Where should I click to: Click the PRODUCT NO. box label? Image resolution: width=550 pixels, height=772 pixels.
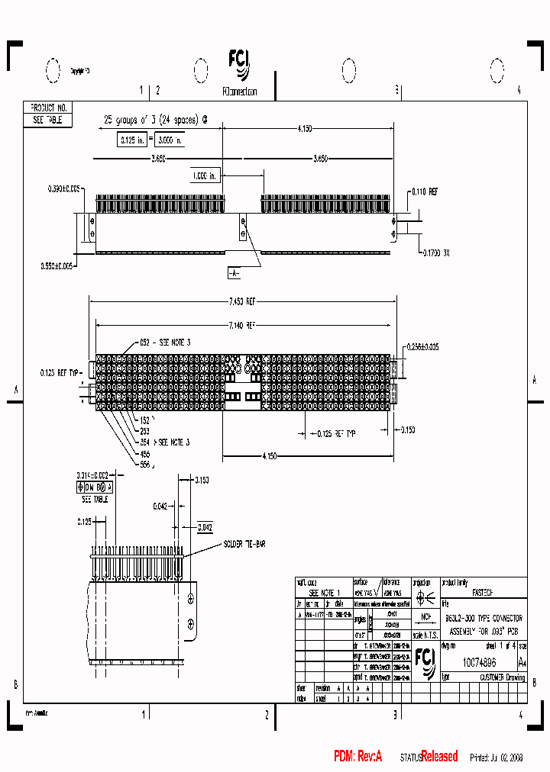tap(48, 108)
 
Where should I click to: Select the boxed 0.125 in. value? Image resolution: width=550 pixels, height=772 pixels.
tap(131, 140)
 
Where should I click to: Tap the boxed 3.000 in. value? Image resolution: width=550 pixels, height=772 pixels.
tap(170, 140)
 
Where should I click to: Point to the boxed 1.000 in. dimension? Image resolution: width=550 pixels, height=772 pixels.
tap(205, 175)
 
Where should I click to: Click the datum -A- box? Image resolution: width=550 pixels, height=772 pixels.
tap(234, 272)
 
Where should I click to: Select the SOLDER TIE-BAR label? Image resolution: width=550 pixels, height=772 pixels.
tap(244, 544)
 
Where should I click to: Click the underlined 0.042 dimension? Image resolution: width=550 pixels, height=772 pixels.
tap(205, 526)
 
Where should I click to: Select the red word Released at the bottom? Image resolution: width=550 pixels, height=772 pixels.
tap(439, 757)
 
